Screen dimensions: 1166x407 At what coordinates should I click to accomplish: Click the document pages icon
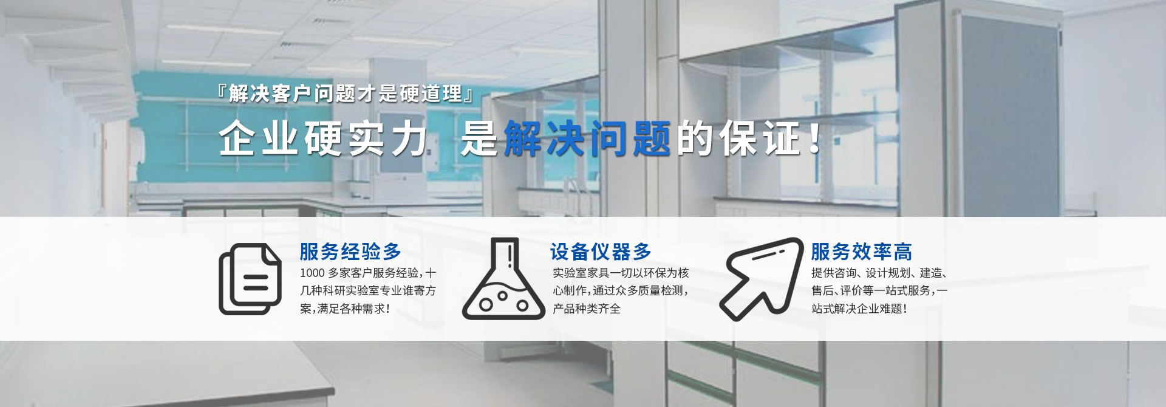click(x=250, y=279)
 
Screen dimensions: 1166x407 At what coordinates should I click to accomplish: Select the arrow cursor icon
click(x=762, y=278)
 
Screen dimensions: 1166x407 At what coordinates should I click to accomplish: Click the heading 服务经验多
click(x=350, y=251)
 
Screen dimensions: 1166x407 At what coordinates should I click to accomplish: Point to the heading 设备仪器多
click(x=601, y=251)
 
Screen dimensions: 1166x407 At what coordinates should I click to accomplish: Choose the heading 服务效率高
click(x=861, y=251)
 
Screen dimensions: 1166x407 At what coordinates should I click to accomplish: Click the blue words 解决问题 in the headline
click(x=587, y=139)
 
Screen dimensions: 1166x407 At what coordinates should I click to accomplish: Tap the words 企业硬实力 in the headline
click(x=323, y=139)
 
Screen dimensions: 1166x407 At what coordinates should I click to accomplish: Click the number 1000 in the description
click(x=313, y=273)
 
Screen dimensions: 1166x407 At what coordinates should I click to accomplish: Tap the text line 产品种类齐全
click(x=587, y=309)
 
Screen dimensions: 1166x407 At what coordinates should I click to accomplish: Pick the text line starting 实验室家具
click(x=621, y=273)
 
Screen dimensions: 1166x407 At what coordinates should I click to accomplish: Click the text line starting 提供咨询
click(x=879, y=273)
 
